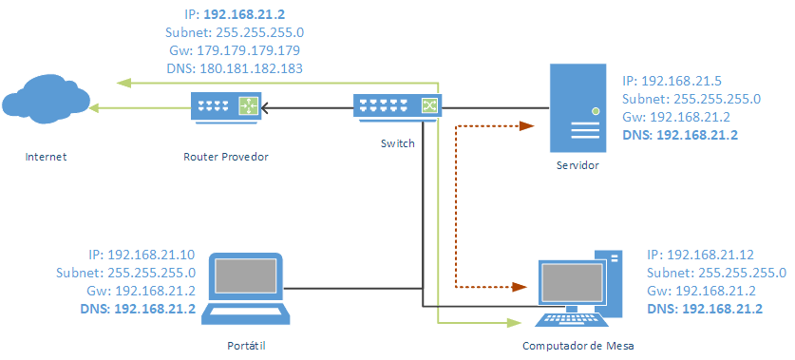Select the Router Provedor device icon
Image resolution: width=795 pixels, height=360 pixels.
pos(225,106)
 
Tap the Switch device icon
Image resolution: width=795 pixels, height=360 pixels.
pos(398,106)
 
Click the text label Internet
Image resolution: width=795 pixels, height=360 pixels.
pos(47,156)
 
